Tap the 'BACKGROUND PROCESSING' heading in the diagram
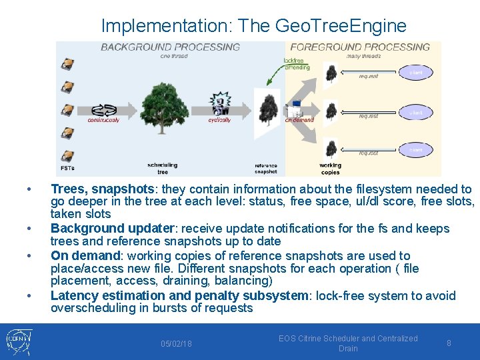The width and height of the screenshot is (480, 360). coord(170,47)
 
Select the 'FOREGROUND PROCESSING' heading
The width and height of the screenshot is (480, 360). coord(360,47)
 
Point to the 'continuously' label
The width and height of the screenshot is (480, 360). coord(103,120)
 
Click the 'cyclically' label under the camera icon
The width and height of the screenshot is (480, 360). coord(219,120)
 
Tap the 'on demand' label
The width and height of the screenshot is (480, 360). coord(299,120)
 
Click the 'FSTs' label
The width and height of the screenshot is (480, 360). coord(67,168)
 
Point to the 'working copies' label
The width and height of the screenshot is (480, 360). coord(330,169)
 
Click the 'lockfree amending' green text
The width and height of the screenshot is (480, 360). coord(296,63)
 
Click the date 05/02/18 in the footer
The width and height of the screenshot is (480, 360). coord(176,344)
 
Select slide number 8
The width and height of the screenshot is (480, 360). coord(449,343)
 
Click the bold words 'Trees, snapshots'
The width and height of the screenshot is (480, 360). coord(102,189)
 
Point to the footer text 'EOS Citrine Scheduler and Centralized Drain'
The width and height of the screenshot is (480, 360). coord(348,343)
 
